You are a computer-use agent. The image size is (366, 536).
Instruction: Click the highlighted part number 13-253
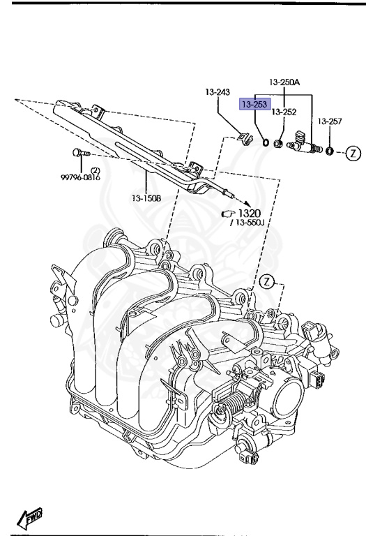coord(254,104)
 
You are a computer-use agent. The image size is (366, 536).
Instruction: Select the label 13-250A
coord(284,82)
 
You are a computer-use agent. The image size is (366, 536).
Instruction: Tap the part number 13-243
coord(218,92)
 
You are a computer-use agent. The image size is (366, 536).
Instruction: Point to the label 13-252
coord(284,112)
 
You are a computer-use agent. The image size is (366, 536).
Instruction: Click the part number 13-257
coord(330,121)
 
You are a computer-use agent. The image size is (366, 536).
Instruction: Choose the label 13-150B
coord(146,198)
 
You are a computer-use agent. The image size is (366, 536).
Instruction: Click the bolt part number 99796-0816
coord(81,177)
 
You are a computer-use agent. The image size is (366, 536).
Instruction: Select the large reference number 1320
coord(250,214)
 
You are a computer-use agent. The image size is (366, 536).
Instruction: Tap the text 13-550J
coord(250,223)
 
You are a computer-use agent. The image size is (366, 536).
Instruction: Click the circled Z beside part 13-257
coord(353,153)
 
